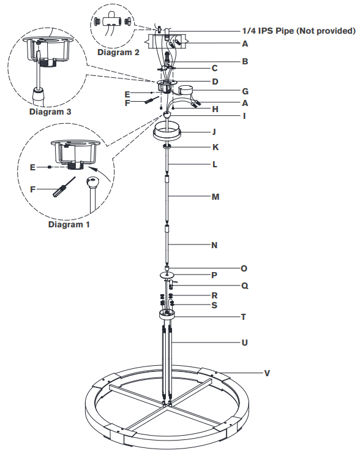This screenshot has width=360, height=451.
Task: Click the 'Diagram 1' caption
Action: [x=69, y=224]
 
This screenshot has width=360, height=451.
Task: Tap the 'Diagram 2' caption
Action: [x=118, y=52]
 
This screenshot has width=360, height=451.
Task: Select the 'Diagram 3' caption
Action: [x=50, y=112]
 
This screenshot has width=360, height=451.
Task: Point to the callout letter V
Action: [x=266, y=373]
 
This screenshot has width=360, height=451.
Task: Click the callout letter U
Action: [x=245, y=343]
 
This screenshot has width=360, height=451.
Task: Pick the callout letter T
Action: [x=244, y=317]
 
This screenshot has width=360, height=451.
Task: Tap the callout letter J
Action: [x=214, y=131]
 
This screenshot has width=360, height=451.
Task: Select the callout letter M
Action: [x=214, y=197]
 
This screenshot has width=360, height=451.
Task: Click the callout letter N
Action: [x=214, y=245]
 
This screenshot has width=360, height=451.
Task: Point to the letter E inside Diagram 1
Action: [x=33, y=166]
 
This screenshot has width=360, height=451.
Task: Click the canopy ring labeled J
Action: [x=167, y=130]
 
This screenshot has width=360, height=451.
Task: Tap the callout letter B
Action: [x=244, y=61]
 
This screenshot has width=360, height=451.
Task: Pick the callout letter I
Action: [x=244, y=115]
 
